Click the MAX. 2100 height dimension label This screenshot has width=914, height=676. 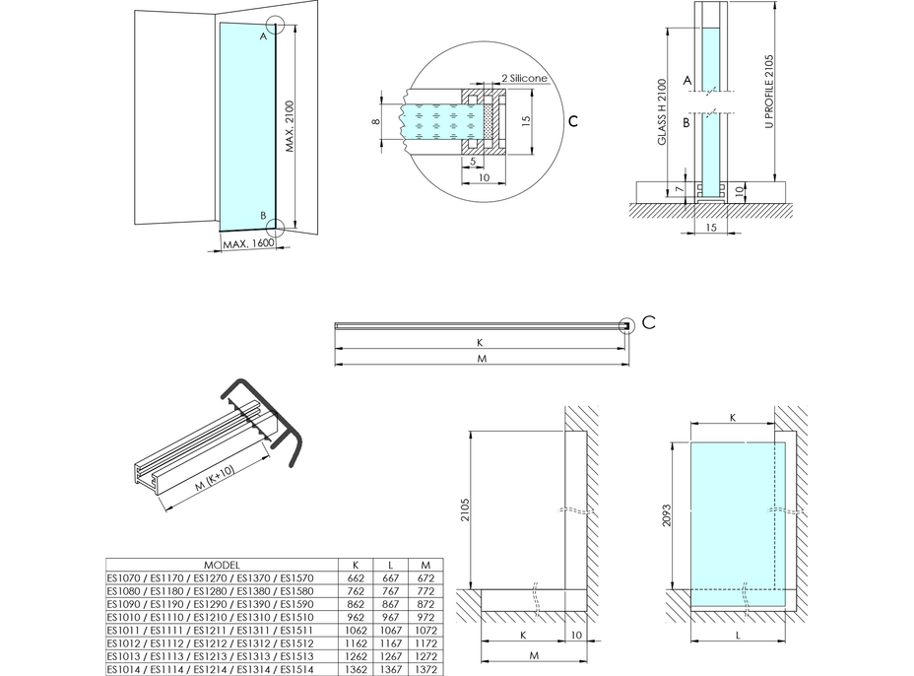(292, 127)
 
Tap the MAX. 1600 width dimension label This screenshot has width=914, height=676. (247, 243)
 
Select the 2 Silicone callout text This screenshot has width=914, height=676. (523, 78)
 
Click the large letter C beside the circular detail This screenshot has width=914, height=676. (573, 121)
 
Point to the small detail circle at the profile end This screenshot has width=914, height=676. (625, 326)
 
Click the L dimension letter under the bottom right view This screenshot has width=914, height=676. (737, 637)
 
